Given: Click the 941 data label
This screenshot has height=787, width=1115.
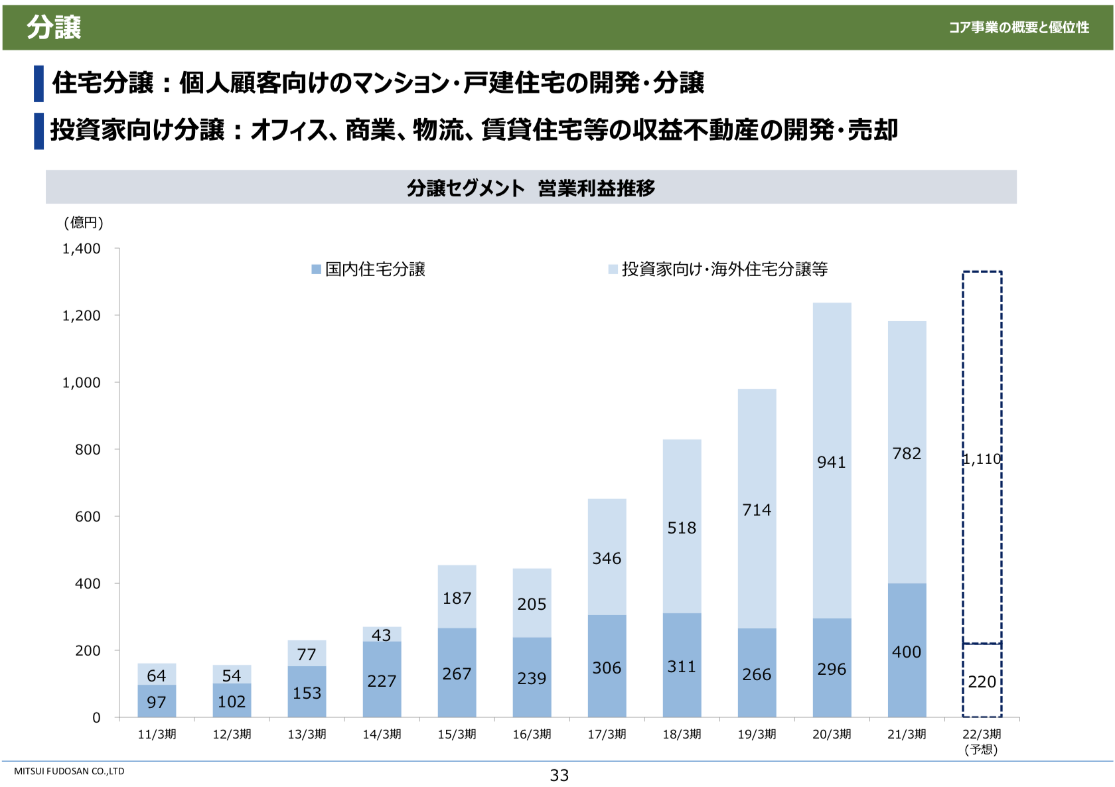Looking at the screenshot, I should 831,462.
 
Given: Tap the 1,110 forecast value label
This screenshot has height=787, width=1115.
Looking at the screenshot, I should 982,459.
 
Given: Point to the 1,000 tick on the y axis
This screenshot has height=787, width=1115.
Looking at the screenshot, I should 82,383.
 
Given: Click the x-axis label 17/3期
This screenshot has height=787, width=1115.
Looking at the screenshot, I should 607,734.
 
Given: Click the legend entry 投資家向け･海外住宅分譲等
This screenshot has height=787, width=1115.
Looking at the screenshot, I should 718,269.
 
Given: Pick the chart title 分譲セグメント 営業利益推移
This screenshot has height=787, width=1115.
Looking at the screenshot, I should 531,188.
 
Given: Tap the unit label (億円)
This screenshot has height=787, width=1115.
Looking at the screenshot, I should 84,223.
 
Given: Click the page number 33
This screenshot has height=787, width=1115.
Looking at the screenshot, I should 559,775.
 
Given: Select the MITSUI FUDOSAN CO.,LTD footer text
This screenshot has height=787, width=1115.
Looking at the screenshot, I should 69,771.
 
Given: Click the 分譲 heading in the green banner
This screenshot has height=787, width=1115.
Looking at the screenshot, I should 54,28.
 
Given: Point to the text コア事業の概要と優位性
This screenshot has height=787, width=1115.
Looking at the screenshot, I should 1019,27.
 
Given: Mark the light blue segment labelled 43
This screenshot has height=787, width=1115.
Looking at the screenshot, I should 382,634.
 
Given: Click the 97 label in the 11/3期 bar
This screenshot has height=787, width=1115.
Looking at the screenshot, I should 157,702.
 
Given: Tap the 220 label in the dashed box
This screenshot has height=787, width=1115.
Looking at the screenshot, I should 982,681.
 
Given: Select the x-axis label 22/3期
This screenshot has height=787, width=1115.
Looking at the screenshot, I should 982,734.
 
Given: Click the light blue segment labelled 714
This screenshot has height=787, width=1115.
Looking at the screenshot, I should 757,510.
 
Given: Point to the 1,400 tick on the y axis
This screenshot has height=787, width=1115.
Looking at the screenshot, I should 82,249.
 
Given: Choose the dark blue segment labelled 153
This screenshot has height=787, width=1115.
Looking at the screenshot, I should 307,693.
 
